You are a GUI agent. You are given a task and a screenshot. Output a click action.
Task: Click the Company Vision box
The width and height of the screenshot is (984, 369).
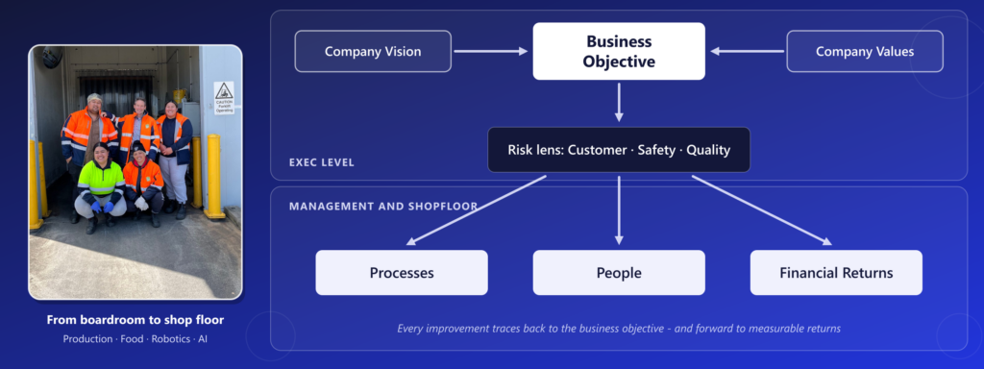click(x=373, y=52)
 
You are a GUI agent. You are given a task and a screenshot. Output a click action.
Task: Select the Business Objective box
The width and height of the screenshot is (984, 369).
click(x=619, y=52)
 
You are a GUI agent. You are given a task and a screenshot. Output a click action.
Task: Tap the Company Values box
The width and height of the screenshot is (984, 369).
click(x=865, y=52)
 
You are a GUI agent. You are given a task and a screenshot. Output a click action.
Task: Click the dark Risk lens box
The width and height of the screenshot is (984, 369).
click(x=619, y=150)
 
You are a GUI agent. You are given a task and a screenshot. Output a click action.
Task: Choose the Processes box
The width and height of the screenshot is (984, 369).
click(x=402, y=273)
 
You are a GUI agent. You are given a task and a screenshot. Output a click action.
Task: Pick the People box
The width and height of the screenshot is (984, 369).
click(x=619, y=273)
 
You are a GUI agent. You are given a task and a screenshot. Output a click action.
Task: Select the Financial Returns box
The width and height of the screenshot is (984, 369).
click(x=837, y=273)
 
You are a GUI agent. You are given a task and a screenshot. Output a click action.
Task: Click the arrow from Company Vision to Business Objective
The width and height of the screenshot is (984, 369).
click(x=491, y=52)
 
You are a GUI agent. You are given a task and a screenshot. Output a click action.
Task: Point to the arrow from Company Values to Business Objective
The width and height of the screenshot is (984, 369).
click(x=747, y=52)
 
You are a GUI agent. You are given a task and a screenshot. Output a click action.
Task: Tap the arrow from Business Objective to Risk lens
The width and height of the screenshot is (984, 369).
click(x=619, y=102)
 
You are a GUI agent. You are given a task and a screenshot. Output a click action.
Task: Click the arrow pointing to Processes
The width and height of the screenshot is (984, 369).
click(x=476, y=210)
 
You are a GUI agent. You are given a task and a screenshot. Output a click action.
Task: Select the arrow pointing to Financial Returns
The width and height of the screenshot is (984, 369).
click(x=762, y=210)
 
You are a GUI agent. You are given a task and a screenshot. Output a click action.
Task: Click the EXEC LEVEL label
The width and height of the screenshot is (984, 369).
click(x=322, y=162)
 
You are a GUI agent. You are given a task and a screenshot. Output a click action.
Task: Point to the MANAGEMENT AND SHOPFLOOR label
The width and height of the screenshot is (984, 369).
click(x=383, y=206)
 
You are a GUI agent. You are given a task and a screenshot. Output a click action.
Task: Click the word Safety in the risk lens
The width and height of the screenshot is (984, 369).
click(x=655, y=151)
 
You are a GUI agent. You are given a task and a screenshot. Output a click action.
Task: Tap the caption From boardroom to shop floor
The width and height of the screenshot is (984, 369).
click(x=135, y=320)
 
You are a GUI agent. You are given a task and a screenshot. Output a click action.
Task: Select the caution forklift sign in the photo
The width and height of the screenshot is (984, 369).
click(x=224, y=98)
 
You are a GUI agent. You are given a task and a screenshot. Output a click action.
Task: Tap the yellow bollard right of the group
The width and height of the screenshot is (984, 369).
click(x=214, y=177)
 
